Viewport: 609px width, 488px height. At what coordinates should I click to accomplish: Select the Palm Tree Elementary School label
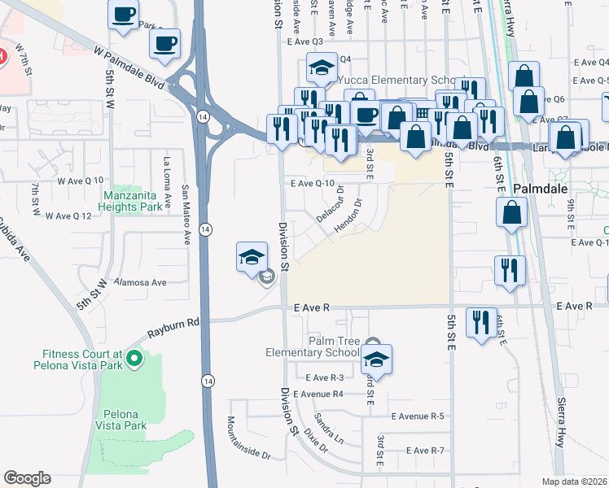tap(312, 346)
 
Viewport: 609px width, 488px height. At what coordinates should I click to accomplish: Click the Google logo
tap(28, 477)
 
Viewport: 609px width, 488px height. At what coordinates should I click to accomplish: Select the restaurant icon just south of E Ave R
tap(481, 321)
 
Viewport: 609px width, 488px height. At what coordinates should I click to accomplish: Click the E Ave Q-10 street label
tap(313, 184)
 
